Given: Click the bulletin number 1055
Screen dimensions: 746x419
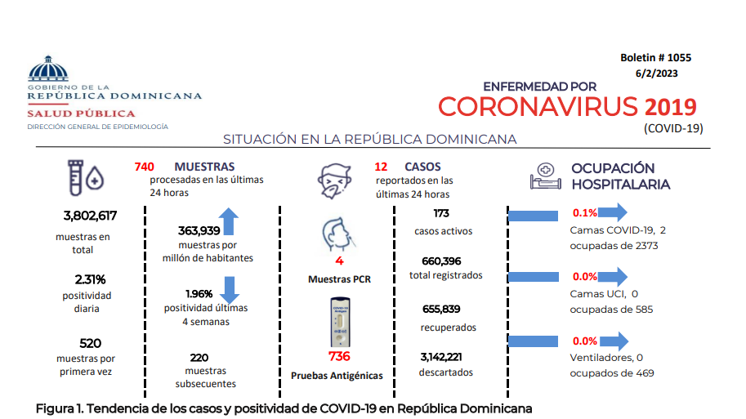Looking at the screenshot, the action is pos(679,57).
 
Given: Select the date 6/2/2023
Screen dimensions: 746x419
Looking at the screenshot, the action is pos(657,74).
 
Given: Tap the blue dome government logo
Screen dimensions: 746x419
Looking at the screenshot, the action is pos(48,69).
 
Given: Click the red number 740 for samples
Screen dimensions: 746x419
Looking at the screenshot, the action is pos(144,167).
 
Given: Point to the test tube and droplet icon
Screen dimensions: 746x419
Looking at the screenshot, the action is pos(86,178).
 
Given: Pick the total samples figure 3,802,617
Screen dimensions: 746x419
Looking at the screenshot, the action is pos(90,216).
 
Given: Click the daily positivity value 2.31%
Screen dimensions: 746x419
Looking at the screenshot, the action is pos(90,279).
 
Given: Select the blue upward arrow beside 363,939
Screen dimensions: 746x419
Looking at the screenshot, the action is pos(229,221).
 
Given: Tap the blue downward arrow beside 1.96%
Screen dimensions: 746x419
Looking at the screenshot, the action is pos(230,290).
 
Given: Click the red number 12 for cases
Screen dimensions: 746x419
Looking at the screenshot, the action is pos(381,167).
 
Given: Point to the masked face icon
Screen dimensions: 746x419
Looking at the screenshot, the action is pos(334,181).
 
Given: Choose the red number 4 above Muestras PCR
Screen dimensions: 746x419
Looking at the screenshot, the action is pos(339,261).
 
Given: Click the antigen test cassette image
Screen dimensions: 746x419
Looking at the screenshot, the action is pos(340,322).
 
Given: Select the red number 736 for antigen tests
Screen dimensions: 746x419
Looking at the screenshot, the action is pos(339,356).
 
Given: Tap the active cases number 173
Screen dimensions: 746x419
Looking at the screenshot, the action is pos(441,213).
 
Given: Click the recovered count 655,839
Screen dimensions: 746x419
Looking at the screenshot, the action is pos(441,309).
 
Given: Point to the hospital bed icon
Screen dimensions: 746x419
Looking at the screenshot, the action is pos(545,176).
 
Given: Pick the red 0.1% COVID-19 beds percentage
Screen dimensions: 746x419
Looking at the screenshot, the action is pos(585,213).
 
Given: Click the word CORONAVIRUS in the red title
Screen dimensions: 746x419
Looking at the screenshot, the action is pos(538,106).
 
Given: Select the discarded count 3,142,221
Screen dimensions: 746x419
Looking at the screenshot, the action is pos(441,357).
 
